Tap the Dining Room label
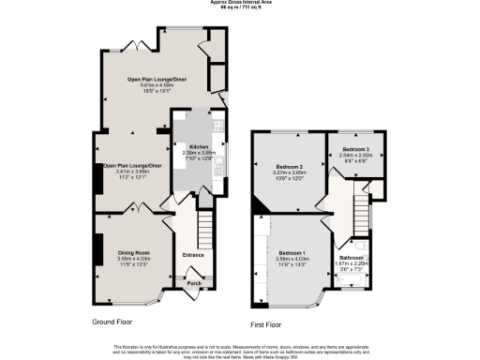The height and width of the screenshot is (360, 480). [x=132, y=252]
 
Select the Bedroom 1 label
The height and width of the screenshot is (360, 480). [x=291, y=252]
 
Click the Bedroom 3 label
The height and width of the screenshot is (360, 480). [x=355, y=149]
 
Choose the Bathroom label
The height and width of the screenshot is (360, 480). [x=352, y=257]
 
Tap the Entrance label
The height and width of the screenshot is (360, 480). [x=193, y=255]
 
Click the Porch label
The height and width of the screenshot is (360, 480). [x=195, y=282]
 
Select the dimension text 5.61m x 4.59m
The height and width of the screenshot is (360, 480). [x=157, y=86]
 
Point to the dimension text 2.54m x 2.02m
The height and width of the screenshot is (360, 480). [x=355, y=155]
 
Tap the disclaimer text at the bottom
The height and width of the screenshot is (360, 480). [x=240, y=350]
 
